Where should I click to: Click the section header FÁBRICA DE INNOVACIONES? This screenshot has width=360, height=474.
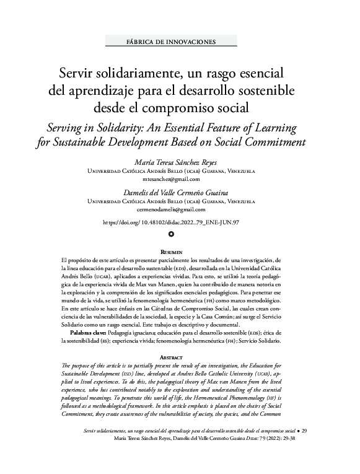coord(170,42)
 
